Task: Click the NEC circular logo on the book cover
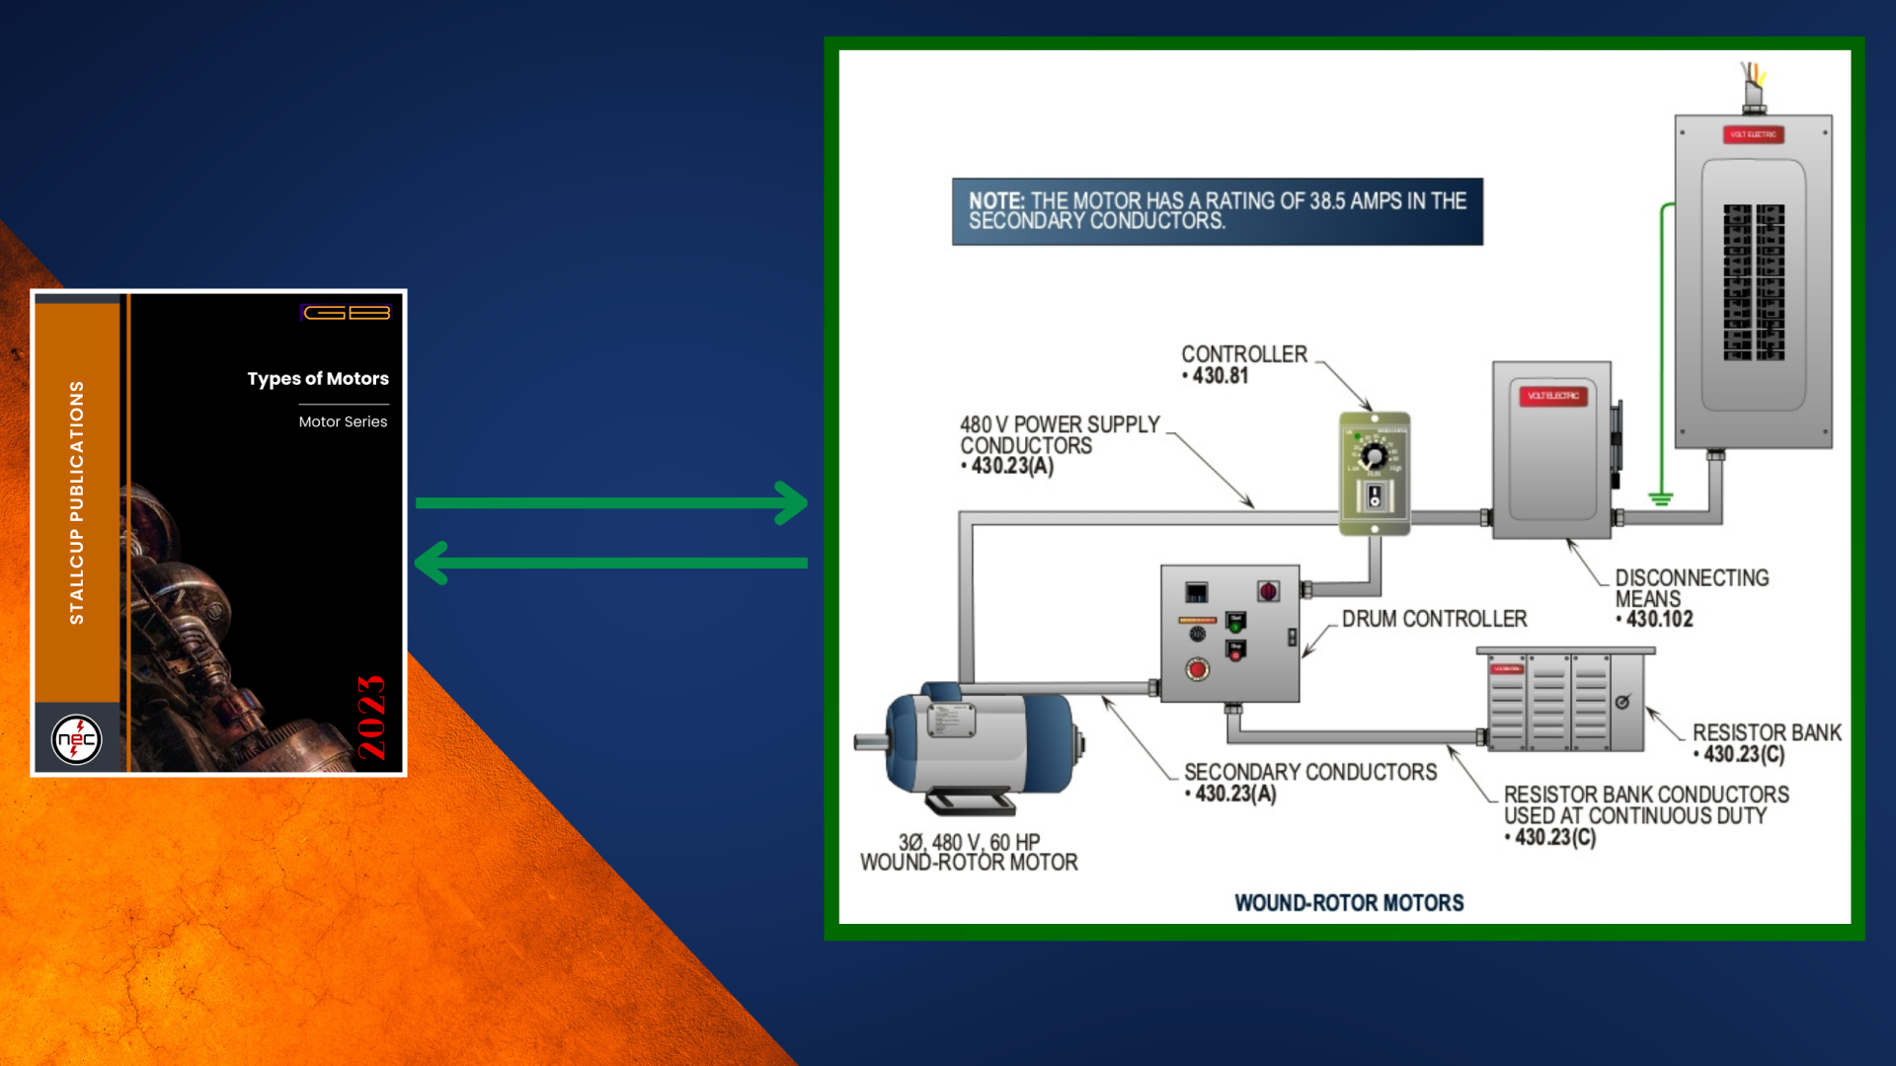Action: click(76, 738)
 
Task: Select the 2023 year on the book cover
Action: click(371, 718)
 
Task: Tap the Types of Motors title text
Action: click(318, 379)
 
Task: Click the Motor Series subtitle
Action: click(343, 421)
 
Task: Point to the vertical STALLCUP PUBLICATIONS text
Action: click(77, 502)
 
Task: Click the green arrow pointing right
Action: click(612, 503)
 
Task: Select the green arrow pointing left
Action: click(612, 563)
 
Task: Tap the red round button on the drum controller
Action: click(1197, 670)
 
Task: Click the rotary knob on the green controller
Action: click(1374, 456)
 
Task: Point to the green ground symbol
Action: click(1661, 498)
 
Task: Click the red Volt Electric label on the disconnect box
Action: click(1553, 396)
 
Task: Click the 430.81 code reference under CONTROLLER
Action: click(1221, 376)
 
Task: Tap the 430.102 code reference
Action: click(1660, 620)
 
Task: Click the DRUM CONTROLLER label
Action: click(1434, 619)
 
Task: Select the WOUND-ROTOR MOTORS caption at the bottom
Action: click(1349, 903)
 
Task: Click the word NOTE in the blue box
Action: click(995, 201)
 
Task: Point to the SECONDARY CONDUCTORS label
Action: click(1310, 773)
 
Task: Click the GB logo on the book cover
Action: click(347, 313)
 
